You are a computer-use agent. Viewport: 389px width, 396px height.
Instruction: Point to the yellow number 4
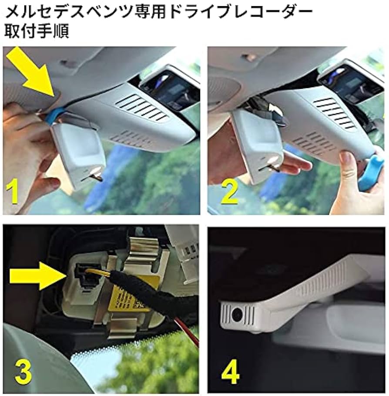231,372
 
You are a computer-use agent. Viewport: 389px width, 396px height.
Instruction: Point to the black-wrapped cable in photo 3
161,301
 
